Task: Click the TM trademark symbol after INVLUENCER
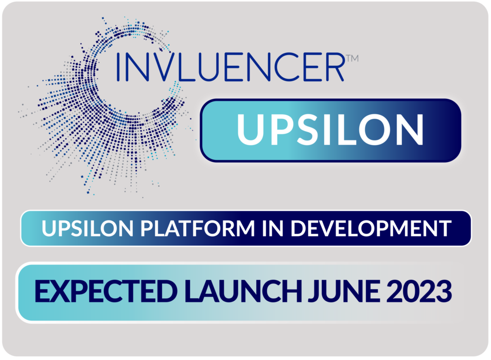click(x=352, y=59)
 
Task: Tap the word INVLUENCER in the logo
click(x=231, y=67)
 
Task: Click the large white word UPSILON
click(x=330, y=130)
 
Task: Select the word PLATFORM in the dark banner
click(x=197, y=228)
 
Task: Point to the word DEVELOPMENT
click(x=371, y=228)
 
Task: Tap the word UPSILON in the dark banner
click(x=87, y=228)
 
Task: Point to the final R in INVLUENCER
click(x=334, y=67)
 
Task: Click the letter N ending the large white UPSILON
click(x=410, y=130)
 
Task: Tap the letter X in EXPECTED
click(x=61, y=291)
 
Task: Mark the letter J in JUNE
click(x=313, y=292)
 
